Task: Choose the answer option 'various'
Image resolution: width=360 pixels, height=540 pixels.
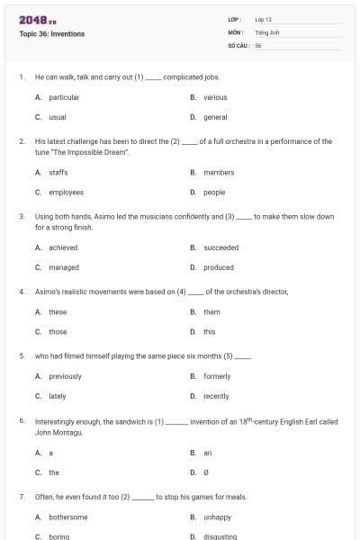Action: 215,97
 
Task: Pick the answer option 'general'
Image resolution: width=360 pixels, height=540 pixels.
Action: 215,117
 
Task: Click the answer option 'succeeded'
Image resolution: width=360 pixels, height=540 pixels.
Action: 220,247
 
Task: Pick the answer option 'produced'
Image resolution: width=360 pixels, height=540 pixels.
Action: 218,267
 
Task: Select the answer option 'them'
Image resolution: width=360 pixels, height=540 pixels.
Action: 211,312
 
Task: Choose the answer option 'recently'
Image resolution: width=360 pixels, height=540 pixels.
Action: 216,396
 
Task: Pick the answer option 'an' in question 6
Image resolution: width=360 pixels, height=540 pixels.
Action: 208,453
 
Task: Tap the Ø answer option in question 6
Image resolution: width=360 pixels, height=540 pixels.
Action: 206,472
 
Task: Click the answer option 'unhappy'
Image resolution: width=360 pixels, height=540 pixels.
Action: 217,517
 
